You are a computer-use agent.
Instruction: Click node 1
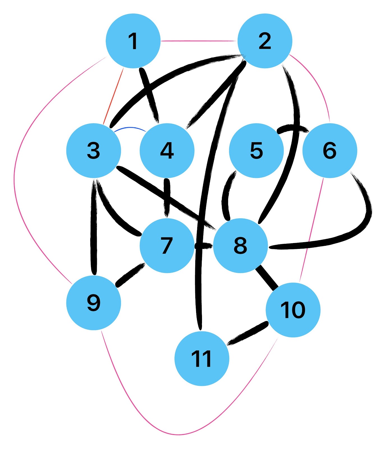(133, 41)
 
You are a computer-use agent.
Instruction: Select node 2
(265, 41)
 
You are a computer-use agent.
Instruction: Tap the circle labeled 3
(94, 150)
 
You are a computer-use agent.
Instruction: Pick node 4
(167, 150)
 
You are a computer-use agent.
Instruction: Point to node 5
(256, 150)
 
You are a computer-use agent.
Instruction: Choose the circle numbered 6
(330, 150)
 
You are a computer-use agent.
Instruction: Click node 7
(167, 245)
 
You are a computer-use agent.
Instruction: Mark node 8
(240, 245)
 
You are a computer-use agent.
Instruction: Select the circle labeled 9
(94, 303)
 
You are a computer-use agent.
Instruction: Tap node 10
(293, 310)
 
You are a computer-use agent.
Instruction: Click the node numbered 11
(202, 358)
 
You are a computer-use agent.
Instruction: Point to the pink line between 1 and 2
(199, 41)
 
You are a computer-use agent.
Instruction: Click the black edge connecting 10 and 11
(247, 333)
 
